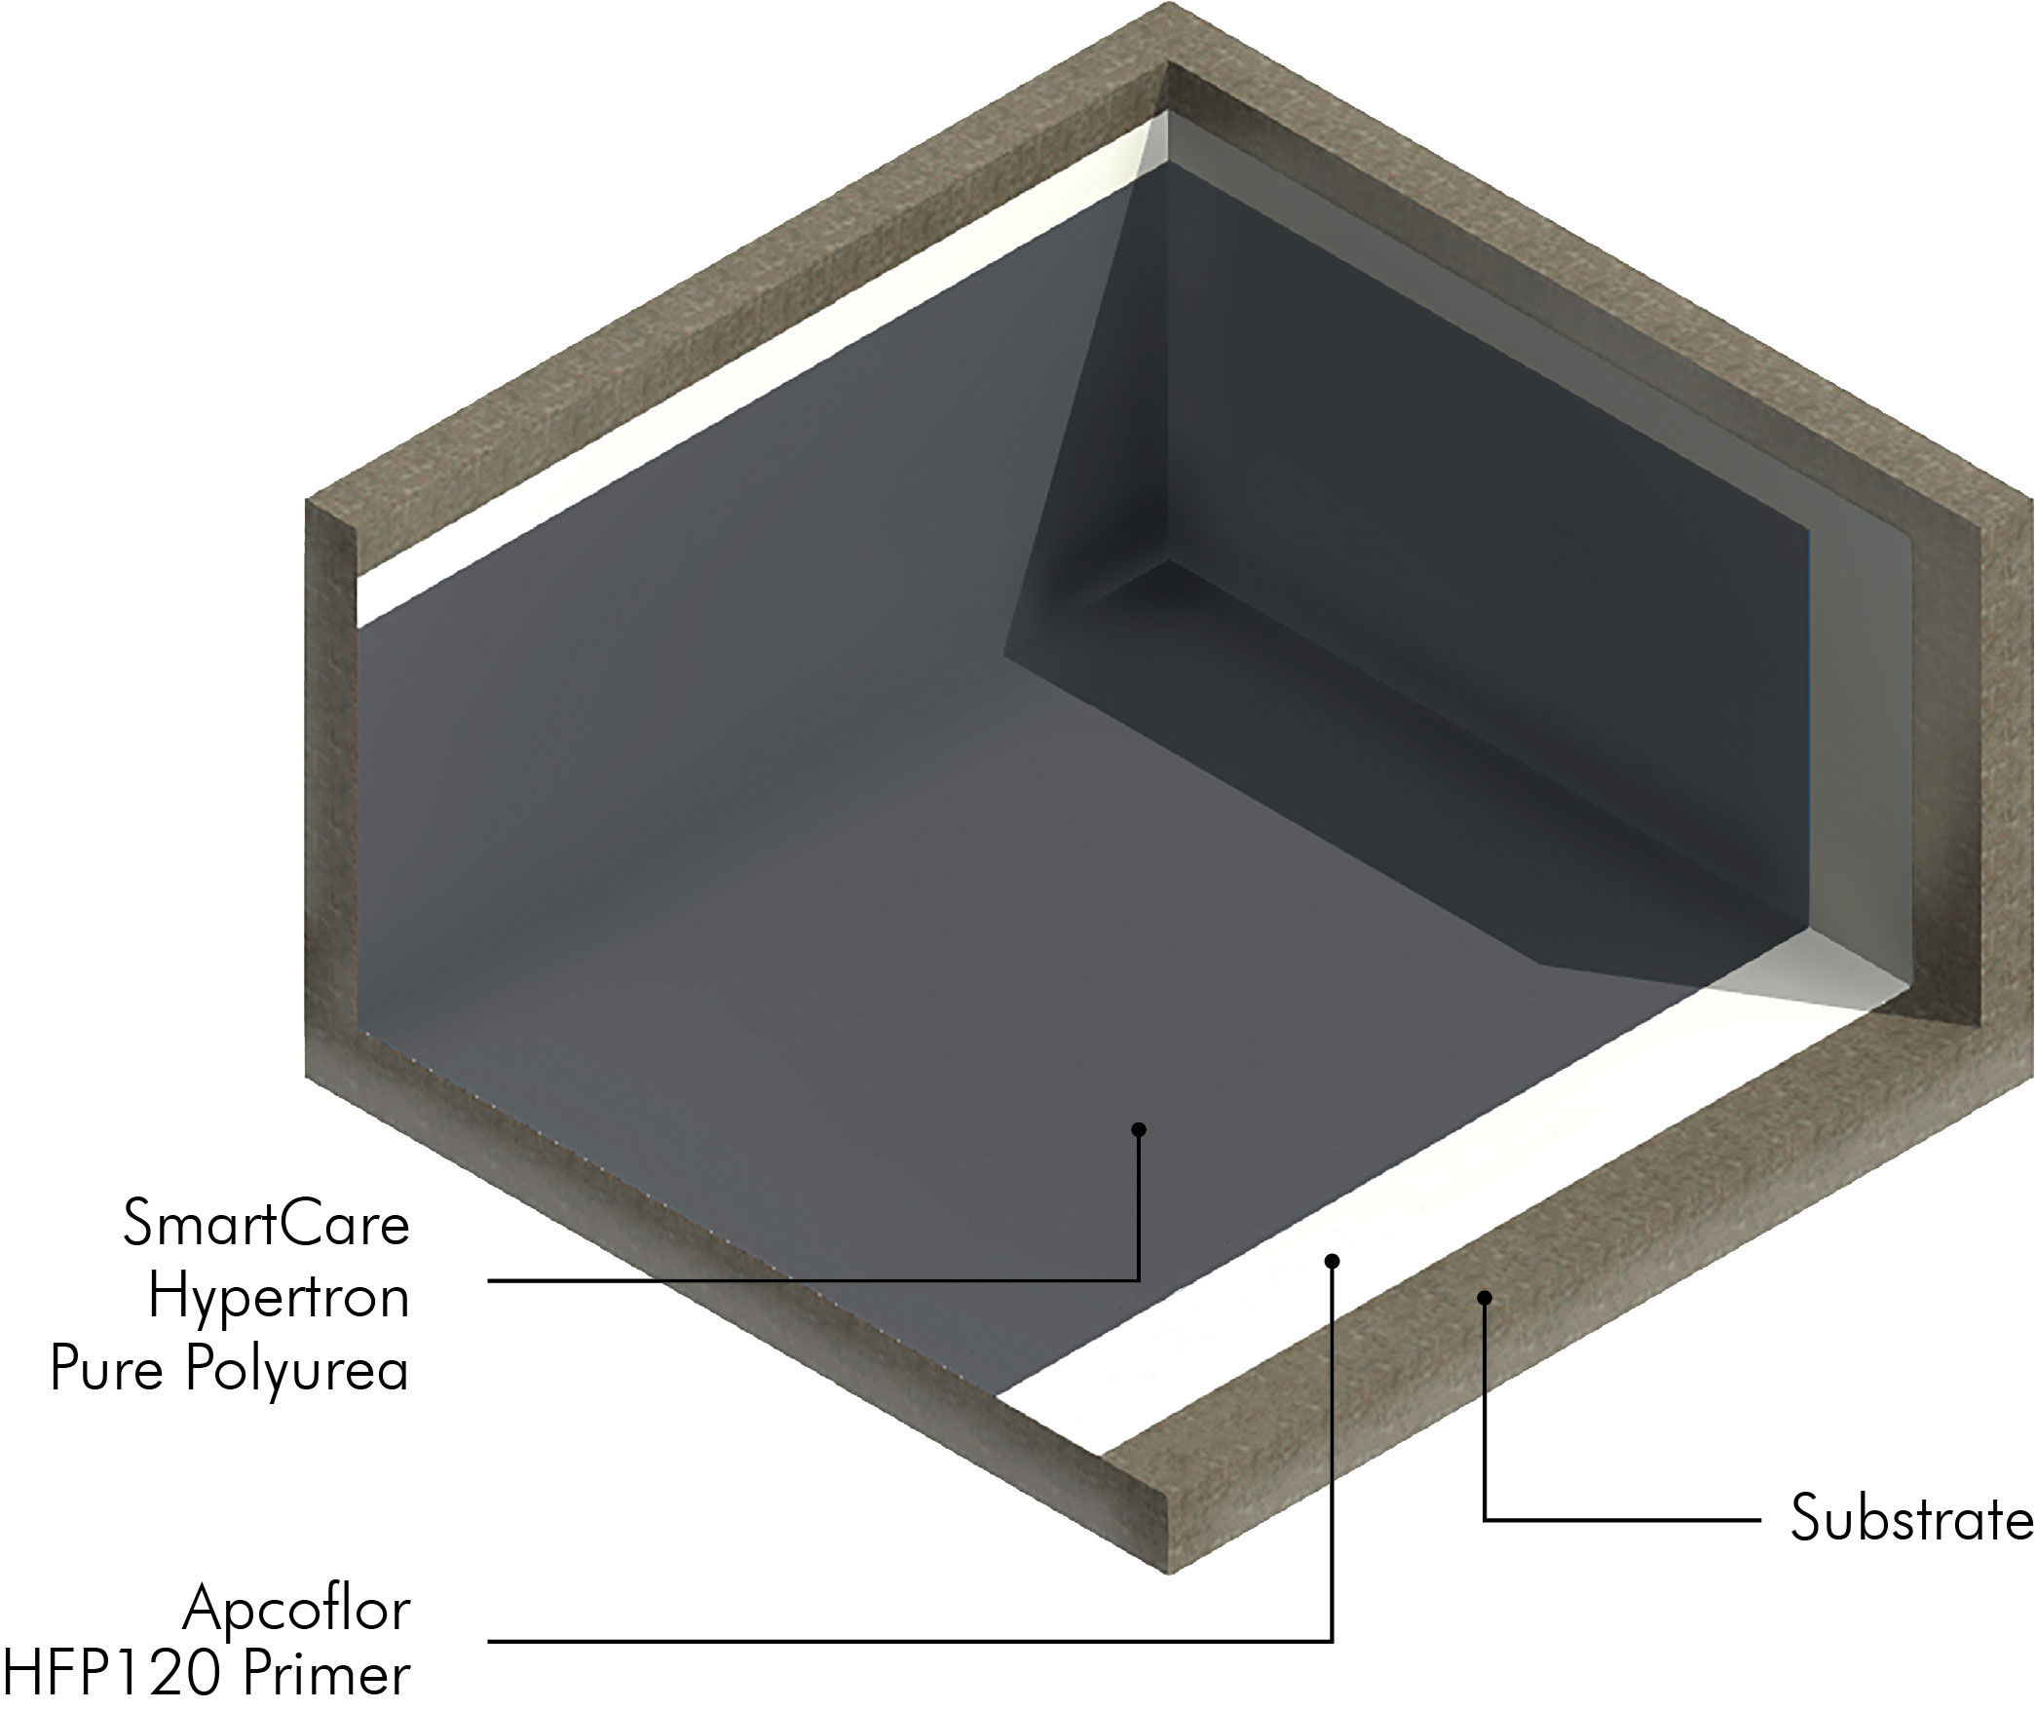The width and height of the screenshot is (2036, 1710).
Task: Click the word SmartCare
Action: tap(266, 1225)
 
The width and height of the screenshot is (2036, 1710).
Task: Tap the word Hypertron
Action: tap(279, 1298)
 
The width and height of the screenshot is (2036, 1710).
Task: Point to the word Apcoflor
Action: tap(296, 1609)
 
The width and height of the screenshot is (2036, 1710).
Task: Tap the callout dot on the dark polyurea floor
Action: tap(1138, 1129)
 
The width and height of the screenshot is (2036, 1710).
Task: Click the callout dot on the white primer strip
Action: tap(1333, 1262)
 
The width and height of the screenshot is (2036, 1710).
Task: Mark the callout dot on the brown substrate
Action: tap(1484, 1297)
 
